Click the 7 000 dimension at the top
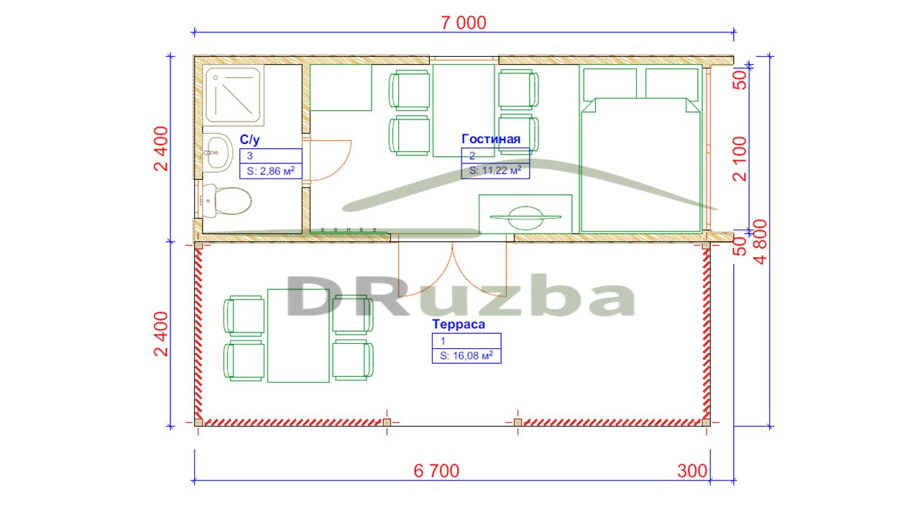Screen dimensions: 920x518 464,22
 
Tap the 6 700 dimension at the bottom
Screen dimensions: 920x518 436,471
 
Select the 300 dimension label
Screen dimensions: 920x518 692,471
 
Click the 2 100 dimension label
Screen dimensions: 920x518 740,159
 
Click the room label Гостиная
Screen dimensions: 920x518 491,139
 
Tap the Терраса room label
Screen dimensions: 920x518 459,324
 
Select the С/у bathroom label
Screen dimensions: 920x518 249,140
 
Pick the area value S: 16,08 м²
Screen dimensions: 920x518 466,355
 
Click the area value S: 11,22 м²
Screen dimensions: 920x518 495,171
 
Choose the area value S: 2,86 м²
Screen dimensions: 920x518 271,171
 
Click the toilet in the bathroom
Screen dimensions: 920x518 226,201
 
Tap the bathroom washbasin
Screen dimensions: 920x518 218,152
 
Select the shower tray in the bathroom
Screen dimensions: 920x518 234,95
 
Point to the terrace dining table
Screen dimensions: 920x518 298,335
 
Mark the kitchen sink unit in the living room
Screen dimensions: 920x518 525,214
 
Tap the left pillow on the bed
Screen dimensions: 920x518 610,84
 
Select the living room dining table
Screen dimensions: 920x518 464,110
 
